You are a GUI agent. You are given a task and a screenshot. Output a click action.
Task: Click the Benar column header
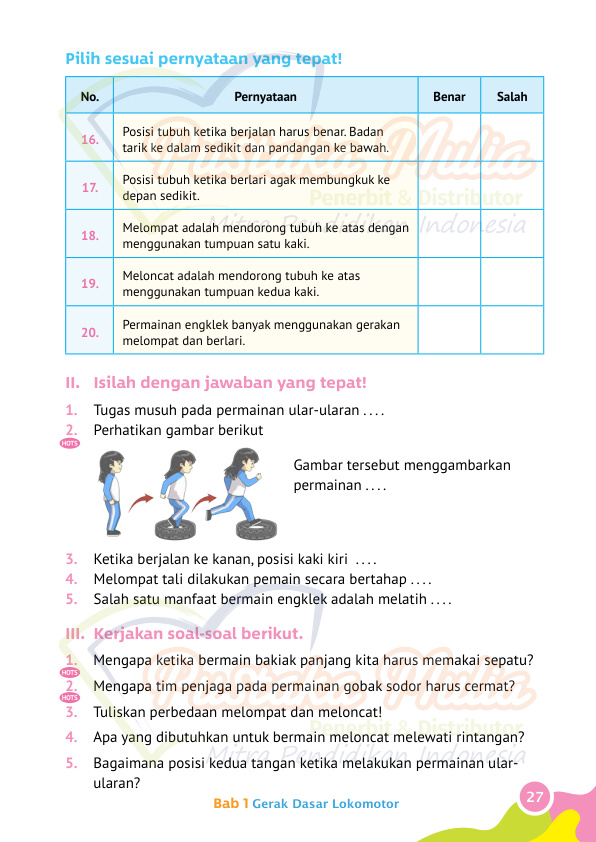[449, 96]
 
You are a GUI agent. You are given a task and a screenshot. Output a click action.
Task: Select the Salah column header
[512, 96]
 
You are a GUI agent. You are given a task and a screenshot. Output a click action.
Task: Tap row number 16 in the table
[90, 139]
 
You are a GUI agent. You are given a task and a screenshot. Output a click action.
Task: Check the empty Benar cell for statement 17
[449, 187]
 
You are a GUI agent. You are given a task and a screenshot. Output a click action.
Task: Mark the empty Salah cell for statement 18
[512, 235]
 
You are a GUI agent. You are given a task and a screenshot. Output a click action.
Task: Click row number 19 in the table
[90, 283]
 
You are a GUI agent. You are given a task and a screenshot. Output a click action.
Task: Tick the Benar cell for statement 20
[449, 331]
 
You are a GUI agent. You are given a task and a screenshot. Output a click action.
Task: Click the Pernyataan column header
[265, 96]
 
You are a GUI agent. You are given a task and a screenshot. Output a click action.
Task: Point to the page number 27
[535, 797]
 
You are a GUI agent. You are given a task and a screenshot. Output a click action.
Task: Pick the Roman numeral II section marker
[72, 383]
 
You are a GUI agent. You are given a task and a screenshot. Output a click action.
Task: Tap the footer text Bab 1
[231, 804]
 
